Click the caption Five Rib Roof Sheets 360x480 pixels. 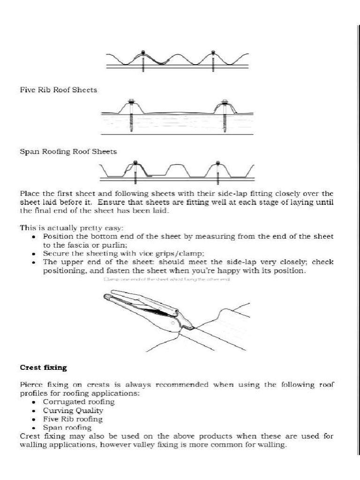59,90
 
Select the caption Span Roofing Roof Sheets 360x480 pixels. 68,151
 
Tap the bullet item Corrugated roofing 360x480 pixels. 79,402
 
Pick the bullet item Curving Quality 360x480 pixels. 73,410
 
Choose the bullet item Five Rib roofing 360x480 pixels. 73,419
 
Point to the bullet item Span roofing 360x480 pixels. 67,427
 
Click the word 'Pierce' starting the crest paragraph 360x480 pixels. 31,385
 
